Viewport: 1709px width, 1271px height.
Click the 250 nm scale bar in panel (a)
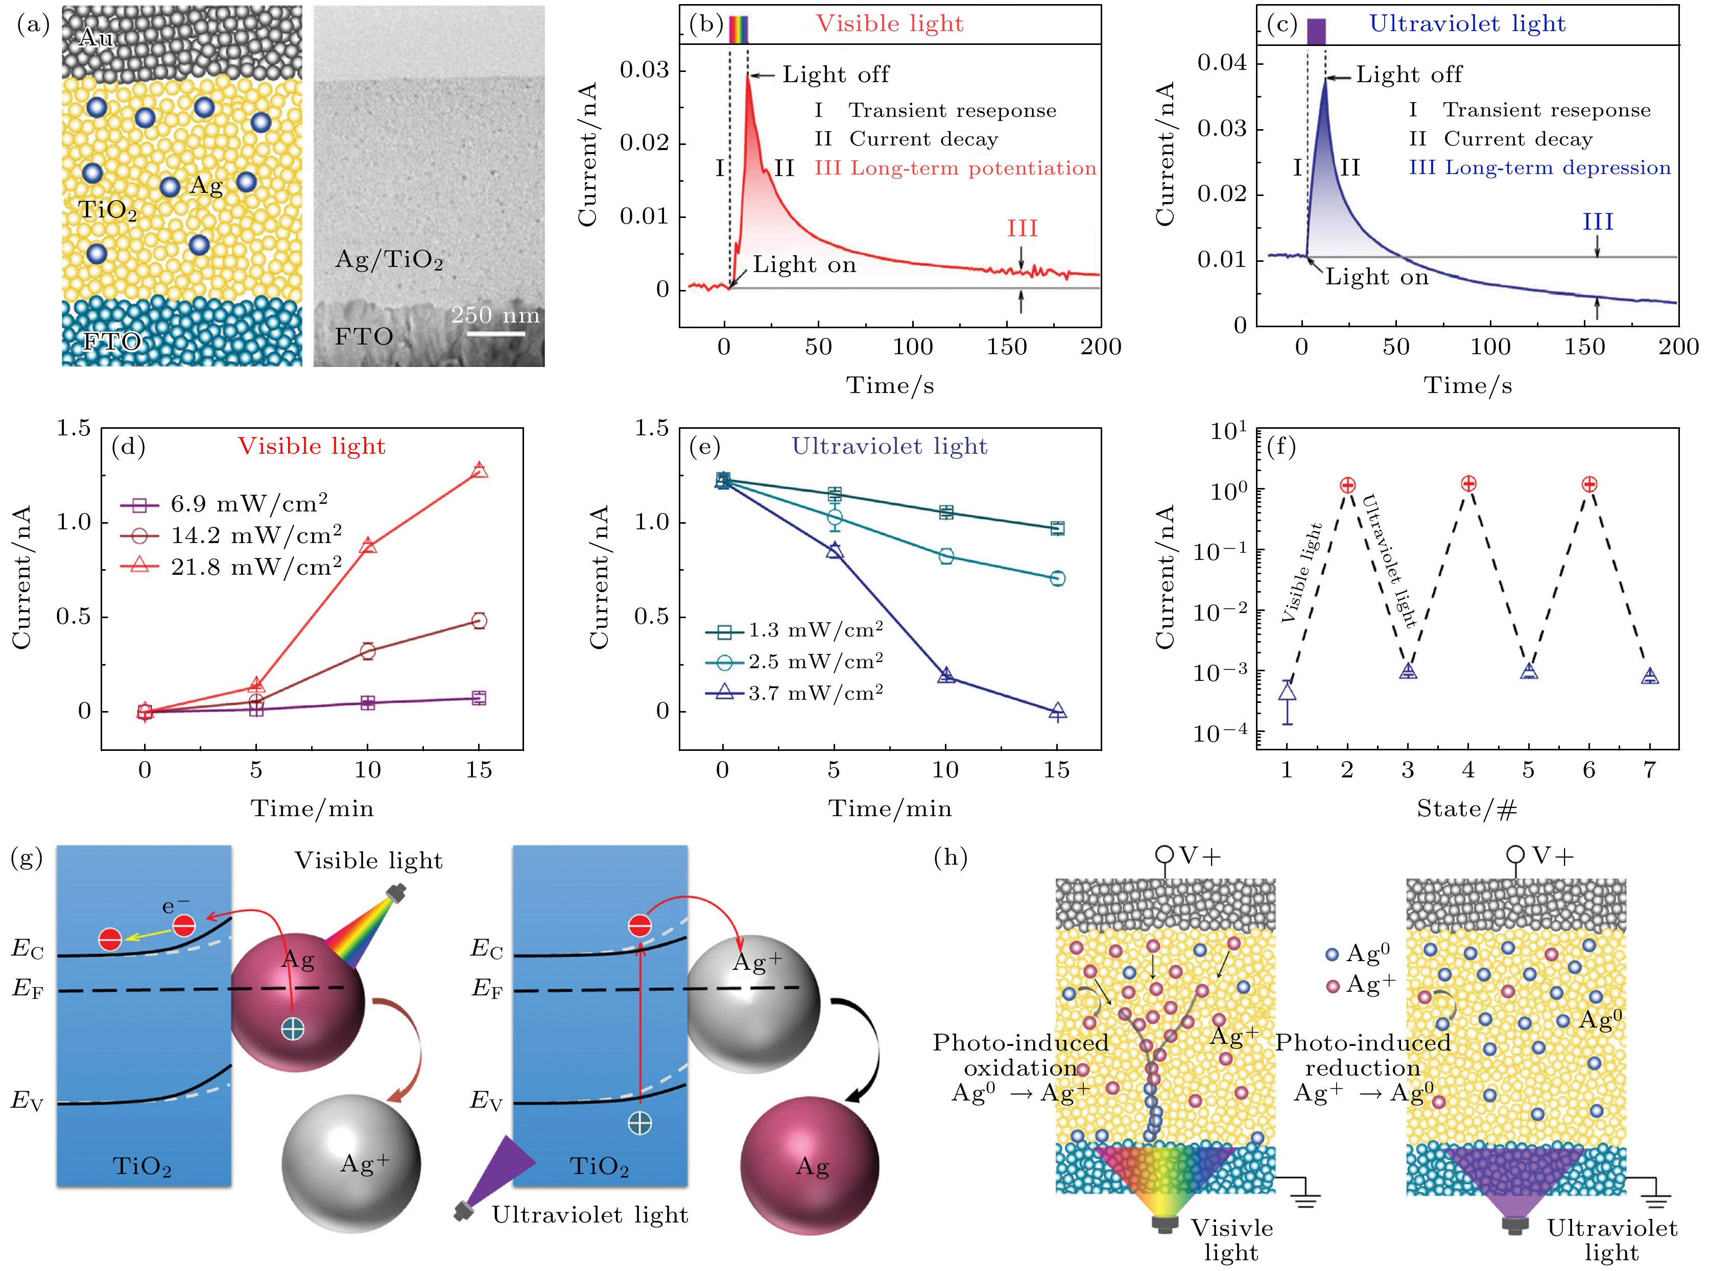tap(496, 334)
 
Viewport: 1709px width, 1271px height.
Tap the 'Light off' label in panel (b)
tap(835, 75)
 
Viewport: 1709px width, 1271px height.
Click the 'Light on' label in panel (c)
tap(1376, 277)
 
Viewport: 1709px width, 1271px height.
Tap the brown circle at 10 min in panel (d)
tap(367, 651)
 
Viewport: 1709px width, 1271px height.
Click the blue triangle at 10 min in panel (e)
tap(946, 675)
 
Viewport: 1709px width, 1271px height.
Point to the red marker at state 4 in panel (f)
tap(1468, 483)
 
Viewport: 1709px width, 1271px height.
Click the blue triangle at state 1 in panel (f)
tap(1287, 692)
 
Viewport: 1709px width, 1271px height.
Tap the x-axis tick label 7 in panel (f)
tap(1649, 770)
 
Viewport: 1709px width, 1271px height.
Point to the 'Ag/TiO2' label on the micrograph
tap(389, 259)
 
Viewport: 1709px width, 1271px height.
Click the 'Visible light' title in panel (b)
tap(889, 24)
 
